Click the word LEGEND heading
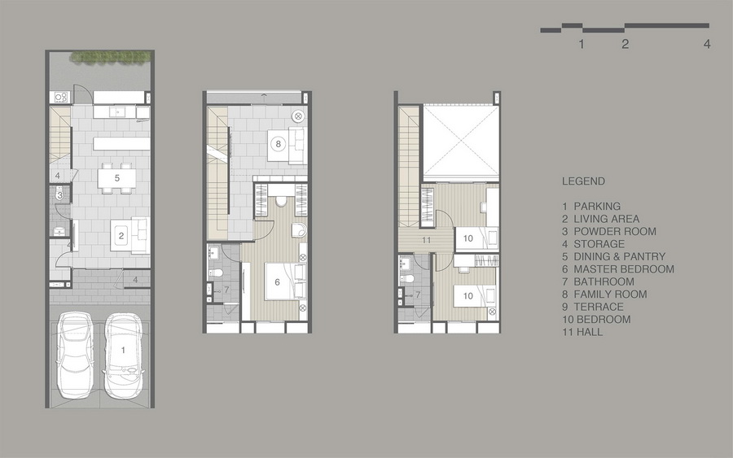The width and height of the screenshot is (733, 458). pyautogui.click(x=583, y=181)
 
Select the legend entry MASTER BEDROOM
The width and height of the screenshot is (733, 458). pyautogui.click(x=624, y=269)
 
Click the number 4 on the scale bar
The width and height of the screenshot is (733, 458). pyautogui.click(x=707, y=44)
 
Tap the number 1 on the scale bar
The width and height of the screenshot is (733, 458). pyautogui.click(x=581, y=44)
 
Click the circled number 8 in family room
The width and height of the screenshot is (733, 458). pyautogui.click(x=279, y=144)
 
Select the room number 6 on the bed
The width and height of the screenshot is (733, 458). pyautogui.click(x=277, y=282)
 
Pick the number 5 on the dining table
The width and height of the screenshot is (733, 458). pyautogui.click(x=117, y=178)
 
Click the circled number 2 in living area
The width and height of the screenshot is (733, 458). pyautogui.click(x=121, y=236)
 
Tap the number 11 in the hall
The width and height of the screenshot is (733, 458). pyautogui.click(x=426, y=241)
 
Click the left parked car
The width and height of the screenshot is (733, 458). pyautogui.click(x=75, y=355)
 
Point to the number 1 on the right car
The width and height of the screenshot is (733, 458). pyautogui.click(x=124, y=350)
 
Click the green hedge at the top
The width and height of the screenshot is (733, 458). pyautogui.click(x=111, y=56)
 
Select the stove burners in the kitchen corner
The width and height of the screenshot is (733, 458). pyautogui.click(x=61, y=97)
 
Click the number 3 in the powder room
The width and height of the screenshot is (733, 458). pyautogui.click(x=59, y=195)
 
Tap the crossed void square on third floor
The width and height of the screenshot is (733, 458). pyautogui.click(x=462, y=142)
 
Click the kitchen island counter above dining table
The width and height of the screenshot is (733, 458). pyautogui.click(x=121, y=143)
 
